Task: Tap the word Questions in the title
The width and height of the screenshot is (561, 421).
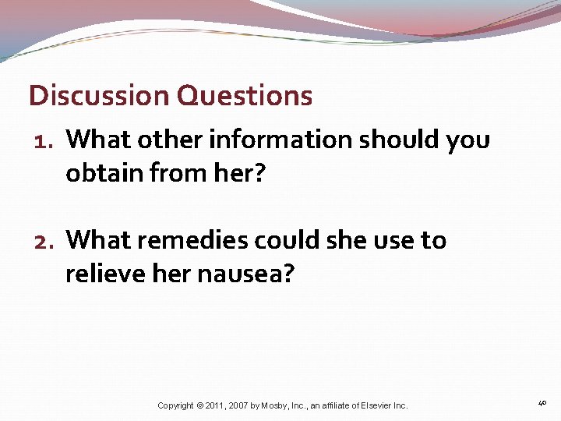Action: [245, 96]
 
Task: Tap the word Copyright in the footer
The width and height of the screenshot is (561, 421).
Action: [176, 405]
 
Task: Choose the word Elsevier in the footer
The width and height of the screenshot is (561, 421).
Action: [373, 405]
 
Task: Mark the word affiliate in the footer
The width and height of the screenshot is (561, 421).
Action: [331, 405]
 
